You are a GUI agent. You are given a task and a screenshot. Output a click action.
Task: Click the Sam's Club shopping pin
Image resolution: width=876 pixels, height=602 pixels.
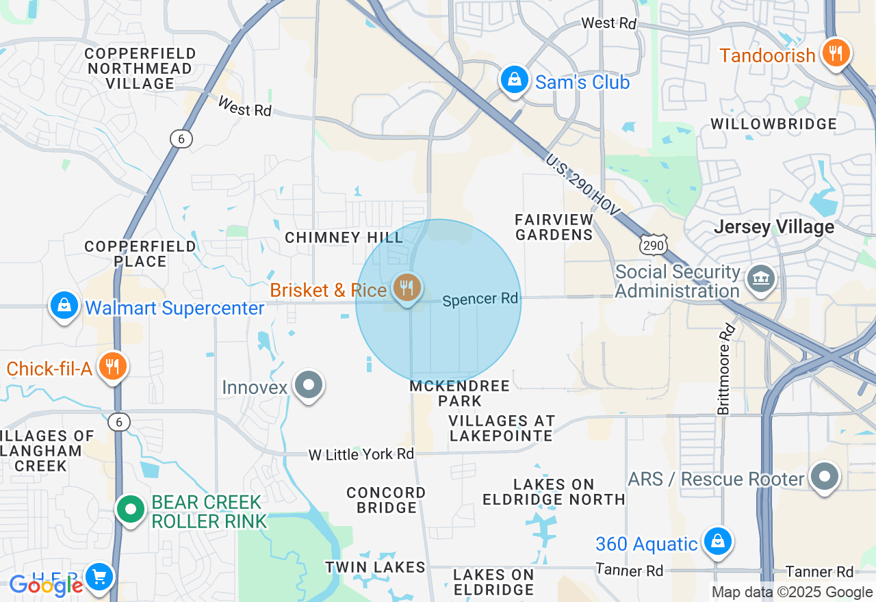(x=514, y=81)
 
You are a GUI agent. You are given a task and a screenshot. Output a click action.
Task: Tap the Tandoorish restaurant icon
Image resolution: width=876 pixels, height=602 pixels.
(x=835, y=53)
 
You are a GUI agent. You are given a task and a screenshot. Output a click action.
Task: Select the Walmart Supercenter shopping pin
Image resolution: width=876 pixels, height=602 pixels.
(x=64, y=306)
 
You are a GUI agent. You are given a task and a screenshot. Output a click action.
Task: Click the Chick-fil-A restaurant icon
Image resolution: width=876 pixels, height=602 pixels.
(x=111, y=367)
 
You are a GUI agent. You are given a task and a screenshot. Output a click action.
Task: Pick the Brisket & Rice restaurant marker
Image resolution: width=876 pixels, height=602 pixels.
(x=407, y=288)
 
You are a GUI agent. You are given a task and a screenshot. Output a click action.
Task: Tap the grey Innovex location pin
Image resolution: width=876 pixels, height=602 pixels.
(x=308, y=385)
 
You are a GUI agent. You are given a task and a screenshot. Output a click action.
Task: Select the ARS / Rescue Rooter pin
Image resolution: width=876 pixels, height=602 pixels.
(x=824, y=477)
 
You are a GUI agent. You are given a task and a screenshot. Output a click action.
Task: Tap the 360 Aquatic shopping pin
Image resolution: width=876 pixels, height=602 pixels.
(x=717, y=542)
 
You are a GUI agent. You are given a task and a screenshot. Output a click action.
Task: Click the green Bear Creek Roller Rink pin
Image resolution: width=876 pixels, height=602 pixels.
(x=129, y=510)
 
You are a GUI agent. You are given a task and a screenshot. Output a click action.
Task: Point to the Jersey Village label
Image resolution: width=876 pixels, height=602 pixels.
(x=774, y=227)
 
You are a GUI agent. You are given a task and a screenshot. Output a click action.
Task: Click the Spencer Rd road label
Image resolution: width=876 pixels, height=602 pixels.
(x=480, y=300)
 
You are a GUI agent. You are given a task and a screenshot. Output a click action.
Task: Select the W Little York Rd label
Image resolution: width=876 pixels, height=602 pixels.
(x=361, y=454)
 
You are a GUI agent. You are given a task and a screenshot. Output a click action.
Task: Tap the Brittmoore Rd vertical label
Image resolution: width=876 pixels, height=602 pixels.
(x=726, y=369)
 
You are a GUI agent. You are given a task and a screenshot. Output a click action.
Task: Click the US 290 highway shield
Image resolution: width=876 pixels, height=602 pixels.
(x=654, y=244)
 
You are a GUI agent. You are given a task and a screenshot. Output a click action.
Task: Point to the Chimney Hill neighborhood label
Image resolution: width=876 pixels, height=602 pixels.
(x=344, y=237)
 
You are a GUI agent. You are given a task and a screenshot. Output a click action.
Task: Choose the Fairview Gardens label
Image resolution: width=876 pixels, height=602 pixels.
(x=554, y=227)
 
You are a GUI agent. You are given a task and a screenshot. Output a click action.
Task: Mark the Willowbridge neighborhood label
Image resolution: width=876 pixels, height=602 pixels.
(x=773, y=124)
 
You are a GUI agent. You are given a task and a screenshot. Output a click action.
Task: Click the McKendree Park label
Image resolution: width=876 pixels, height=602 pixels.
(x=460, y=393)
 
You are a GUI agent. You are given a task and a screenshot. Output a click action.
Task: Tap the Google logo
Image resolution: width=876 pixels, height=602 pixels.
(x=46, y=586)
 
